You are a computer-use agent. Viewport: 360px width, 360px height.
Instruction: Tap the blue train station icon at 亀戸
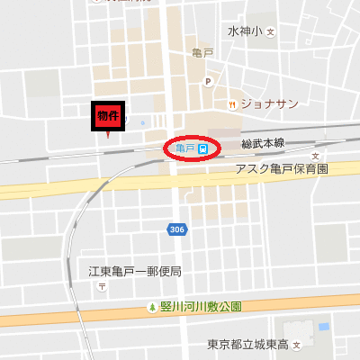point(204,148)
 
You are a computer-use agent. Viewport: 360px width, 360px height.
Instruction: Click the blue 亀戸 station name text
point(185,148)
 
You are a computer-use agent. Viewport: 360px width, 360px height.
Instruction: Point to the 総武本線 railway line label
point(263,144)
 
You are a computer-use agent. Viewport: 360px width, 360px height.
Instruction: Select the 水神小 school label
point(244,31)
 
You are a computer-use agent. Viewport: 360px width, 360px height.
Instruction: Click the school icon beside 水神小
point(269,31)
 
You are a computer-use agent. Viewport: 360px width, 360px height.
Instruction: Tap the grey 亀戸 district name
point(202,54)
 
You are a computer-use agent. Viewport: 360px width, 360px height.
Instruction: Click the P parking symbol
point(207,82)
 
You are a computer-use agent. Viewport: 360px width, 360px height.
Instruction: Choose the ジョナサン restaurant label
point(269,103)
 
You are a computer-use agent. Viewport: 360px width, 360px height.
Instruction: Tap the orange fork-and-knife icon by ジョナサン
point(233,103)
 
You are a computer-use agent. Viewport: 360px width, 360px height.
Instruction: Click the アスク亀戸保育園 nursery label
point(282,169)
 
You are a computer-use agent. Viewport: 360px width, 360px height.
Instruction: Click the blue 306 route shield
point(177,230)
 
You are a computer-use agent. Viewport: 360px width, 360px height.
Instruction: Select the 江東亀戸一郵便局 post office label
point(135,271)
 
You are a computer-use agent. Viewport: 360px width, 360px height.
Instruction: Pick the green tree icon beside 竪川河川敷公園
point(152,307)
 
